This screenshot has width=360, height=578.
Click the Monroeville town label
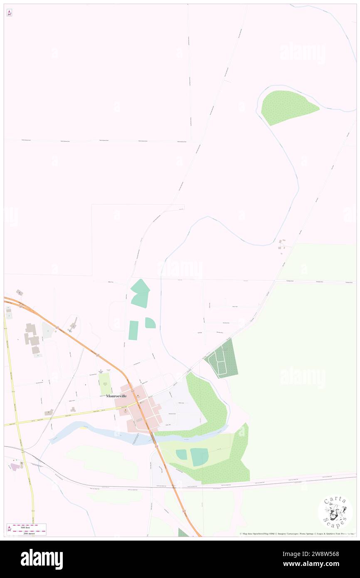tap(116, 396)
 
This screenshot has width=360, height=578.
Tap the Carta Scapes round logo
tap(335, 512)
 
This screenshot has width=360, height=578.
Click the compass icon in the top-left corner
tap(9, 13)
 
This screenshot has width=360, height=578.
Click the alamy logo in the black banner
tap(42, 559)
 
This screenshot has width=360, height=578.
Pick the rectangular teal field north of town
tap(133, 330)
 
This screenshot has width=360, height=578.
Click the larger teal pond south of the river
tap(199, 457)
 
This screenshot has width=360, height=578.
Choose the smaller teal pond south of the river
tap(181, 454)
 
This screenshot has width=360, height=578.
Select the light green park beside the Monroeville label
tap(106, 384)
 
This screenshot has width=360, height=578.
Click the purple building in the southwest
tap(15, 467)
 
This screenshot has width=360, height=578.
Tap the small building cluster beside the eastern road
tap(283, 246)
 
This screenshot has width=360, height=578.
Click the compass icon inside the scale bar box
tap(10, 529)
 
